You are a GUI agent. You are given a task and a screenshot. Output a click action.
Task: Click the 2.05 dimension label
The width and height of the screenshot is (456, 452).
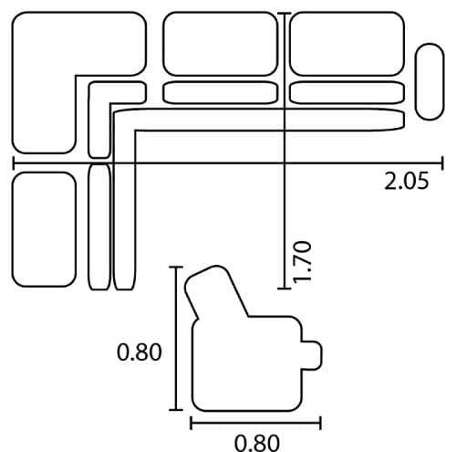407,181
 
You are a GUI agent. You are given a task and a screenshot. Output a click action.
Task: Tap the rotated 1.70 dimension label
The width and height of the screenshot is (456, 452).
302,262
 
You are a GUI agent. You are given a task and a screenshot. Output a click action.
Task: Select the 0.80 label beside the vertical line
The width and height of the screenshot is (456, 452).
140,352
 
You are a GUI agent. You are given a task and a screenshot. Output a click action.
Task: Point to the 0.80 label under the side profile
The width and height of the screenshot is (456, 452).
257,443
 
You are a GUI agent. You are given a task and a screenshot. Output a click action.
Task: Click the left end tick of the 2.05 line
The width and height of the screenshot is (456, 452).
14,163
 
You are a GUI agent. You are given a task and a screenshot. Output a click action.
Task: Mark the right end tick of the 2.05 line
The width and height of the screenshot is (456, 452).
442,163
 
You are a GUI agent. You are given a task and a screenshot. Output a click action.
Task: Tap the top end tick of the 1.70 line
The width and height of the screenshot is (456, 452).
285,14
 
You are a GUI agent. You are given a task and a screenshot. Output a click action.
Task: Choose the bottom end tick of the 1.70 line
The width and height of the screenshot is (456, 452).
285,289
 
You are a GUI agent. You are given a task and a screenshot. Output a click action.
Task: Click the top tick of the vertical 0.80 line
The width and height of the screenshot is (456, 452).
176,267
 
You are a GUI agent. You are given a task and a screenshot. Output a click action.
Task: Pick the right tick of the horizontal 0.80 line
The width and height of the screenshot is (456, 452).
320,423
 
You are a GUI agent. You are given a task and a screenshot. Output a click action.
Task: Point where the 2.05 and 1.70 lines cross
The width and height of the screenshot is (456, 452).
285,163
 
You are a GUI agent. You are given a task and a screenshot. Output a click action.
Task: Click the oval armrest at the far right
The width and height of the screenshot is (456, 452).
430,81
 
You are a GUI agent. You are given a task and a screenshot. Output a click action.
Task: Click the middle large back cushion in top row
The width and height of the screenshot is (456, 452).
221,44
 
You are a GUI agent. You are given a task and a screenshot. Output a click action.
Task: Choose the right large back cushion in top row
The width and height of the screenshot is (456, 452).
347,44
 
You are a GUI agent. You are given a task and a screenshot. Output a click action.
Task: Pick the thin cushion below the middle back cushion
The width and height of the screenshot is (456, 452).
221,92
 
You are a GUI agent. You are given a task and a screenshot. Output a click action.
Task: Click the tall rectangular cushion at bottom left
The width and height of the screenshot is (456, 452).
44,229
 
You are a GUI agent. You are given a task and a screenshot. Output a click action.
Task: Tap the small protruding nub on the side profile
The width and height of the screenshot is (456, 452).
312,355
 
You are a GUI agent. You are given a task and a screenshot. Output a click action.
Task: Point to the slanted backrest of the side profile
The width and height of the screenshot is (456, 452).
216,292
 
